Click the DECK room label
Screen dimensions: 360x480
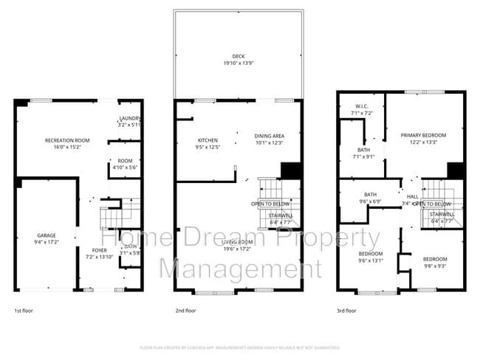tap(237, 56)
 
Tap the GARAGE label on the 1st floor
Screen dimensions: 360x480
tap(47, 235)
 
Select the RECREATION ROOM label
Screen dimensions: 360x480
tap(67, 140)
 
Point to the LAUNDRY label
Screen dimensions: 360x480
tap(131, 119)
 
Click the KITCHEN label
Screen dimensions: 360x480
tap(208, 140)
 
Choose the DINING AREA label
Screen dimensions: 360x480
tap(269, 136)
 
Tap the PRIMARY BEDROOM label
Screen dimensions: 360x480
tap(423, 136)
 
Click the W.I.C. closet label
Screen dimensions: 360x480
tap(362, 106)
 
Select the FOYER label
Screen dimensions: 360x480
tap(99, 250)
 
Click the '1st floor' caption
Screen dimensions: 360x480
tap(24, 311)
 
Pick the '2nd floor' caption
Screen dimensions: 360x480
tap(185, 311)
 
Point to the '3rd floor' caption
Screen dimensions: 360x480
tap(347, 311)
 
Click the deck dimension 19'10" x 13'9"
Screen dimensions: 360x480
tap(237, 63)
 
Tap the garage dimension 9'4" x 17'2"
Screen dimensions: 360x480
tap(47, 242)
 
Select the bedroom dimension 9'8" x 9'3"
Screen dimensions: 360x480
tap(434, 266)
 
